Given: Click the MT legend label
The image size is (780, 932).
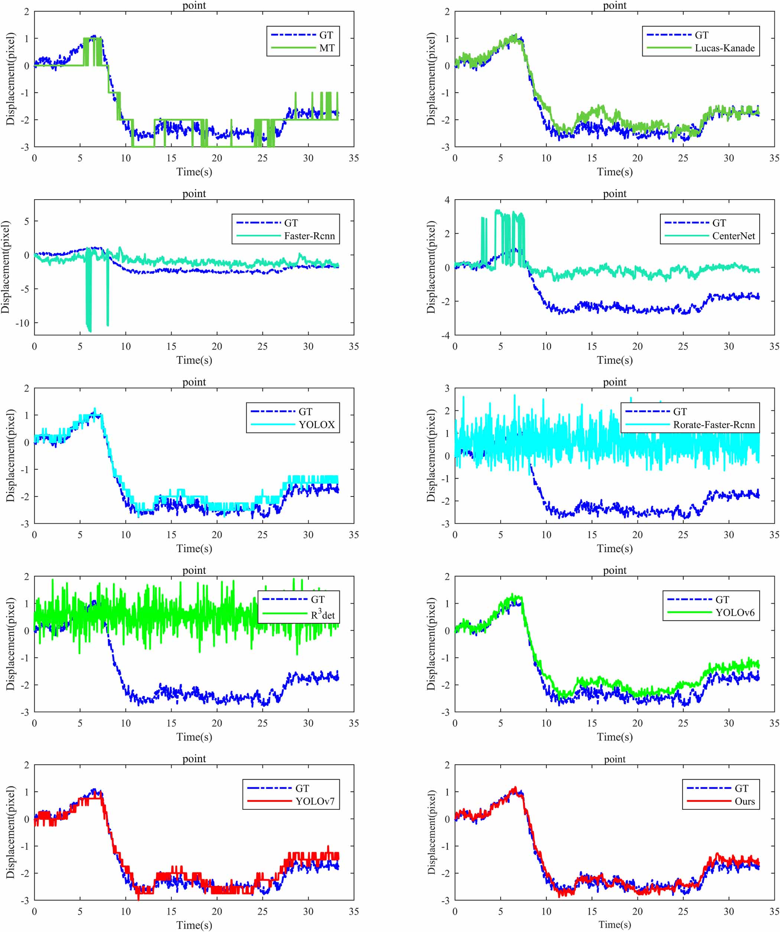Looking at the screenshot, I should tap(327, 48).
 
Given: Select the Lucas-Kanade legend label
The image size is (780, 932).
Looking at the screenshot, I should tap(725, 48).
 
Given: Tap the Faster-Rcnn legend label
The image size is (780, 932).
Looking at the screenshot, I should tap(309, 236).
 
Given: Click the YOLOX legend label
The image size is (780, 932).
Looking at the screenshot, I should tap(316, 425).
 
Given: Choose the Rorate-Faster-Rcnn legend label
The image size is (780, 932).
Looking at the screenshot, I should tap(714, 425).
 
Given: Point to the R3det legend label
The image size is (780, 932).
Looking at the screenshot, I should tap(322, 615).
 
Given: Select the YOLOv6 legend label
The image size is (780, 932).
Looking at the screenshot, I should tap(734, 612).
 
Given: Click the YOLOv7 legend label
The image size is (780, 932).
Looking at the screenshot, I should tap(315, 802).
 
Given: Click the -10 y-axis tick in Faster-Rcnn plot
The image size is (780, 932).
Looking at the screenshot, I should tap(22, 323).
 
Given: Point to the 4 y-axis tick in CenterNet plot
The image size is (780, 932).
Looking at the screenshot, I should tap(446, 200).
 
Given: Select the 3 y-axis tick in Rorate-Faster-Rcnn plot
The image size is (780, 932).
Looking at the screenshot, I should tap(446, 388).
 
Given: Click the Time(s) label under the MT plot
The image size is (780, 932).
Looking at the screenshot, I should tap(194, 172).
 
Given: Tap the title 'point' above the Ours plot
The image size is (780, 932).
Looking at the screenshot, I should tap(614, 759).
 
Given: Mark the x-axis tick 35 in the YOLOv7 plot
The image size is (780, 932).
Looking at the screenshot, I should tap(354, 911).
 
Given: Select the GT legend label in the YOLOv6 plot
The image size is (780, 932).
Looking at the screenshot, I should tap(722, 599).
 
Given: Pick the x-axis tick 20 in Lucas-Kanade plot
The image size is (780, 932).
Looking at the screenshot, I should tap(637, 158).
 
